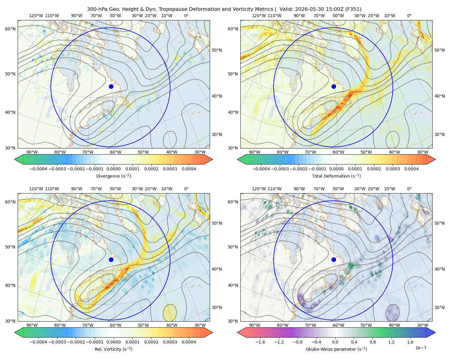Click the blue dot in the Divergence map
[111, 86]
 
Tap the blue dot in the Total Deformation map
[334, 86]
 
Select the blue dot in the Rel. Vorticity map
[111, 259]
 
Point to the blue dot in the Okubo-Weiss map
[334, 259]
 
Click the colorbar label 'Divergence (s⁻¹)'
[113, 176]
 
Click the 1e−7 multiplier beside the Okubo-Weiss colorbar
[421, 348]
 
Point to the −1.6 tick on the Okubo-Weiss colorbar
[260, 342]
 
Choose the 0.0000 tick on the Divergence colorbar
[113, 169]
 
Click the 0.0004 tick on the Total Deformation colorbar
[412, 169]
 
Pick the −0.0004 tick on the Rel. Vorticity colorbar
[38, 342]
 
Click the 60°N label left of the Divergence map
[10, 29]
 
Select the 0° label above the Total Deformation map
[409, 16]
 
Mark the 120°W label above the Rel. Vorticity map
[36, 189]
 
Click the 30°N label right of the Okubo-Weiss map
[439, 307]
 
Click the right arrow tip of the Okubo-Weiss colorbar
[435, 332]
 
